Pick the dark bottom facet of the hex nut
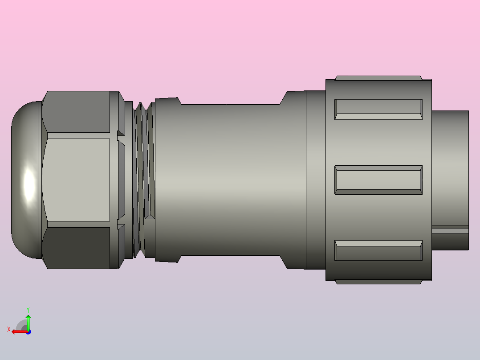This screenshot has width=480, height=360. [x=77, y=247]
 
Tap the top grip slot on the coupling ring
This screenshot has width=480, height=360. [x=378, y=110]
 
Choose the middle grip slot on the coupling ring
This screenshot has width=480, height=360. [x=378, y=180]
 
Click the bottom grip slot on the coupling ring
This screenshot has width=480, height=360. [x=378, y=250]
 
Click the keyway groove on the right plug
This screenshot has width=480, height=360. [x=450, y=230]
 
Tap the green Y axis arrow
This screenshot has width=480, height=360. [x=28, y=321]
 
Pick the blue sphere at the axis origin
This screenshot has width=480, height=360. [x=28, y=331]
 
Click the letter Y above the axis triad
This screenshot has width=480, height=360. [x=28, y=309]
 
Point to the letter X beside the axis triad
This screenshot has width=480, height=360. [x=9, y=330]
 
